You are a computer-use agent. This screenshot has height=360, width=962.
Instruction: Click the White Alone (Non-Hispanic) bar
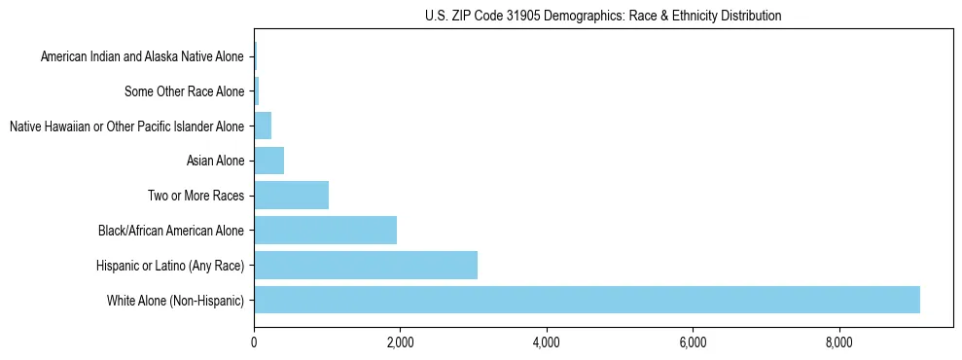[587, 300]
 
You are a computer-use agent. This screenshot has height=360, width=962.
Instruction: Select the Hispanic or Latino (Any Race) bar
[366, 265]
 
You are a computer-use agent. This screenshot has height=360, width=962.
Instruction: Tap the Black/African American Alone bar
[325, 230]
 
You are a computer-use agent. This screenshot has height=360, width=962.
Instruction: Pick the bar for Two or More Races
[291, 196]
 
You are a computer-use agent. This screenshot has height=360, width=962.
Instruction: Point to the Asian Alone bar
[268, 161]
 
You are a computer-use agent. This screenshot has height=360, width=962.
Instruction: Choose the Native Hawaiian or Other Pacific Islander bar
[263, 126]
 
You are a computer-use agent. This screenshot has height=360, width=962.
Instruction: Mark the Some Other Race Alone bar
[257, 91]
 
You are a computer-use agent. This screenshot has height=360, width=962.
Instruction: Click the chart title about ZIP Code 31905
[603, 16]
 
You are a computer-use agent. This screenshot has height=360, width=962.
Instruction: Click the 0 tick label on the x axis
[254, 342]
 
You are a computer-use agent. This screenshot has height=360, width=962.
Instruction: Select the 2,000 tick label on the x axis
[400, 342]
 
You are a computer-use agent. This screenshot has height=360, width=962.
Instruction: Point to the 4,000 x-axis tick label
[547, 342]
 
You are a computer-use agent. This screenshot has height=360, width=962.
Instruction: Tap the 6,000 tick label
[693, 342]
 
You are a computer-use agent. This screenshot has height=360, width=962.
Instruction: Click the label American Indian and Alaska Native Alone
[142, 57]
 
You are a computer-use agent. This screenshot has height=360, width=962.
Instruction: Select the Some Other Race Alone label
[185, 92]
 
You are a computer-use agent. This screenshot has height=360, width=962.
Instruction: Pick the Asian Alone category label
[215, 162]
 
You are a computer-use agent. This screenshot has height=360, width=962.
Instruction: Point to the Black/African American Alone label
[171, 231]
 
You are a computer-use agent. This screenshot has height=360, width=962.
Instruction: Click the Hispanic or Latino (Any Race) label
[170, 266]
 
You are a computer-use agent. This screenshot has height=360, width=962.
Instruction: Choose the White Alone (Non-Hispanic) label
[176, 301]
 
